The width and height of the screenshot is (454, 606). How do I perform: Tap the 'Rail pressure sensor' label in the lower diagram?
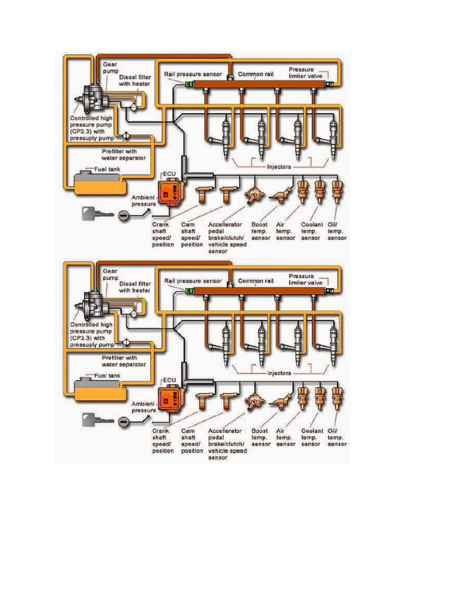[193, 281]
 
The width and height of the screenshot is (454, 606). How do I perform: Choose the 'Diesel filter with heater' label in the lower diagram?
[135, 286]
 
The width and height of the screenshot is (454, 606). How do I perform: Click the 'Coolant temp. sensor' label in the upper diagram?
[312, 231]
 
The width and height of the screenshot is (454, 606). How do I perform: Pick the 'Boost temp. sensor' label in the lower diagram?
[261, 437]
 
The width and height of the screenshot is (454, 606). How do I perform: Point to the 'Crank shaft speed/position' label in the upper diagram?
[163, 234]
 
